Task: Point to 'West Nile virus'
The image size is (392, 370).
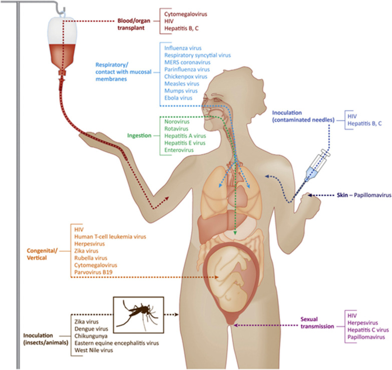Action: pyautogui.click(x=95, y=350)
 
